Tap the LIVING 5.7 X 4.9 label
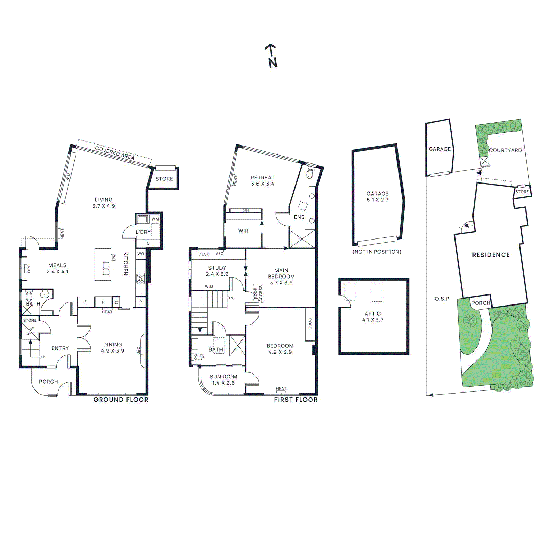pyautogui.click(x=104, y=203)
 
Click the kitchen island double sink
pyautogui.click(x=106, y=269)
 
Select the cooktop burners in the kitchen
pyautogui.click(x=140, y=278)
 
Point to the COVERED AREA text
pyautogui.click(x=114, y=153)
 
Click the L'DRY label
pyautogui.click(x=143, y=232)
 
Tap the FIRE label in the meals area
pyautogui.click(x=29, y=269)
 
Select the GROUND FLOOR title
pyautogui.click(x=121, y=400)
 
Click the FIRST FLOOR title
pyautogui.click(x=296, y=400)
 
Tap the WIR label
pyautogui.click(x=243, y=231)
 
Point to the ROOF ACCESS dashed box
pyautogui.click(x=258, y=293)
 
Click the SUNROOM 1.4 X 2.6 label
pyautogui.click(x=223, y=380)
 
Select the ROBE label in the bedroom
pyautogui.click(x=310, y=324)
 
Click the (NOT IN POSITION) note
pyautogui.click(x=377, y=252)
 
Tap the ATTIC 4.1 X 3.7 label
pyautogui.click(x=373, y=317)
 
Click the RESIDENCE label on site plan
pyautogui.click(x=491, y=255)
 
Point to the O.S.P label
pyautogui.click(x=442, y=299)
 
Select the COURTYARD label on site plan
pyautogui.click(x=505, y=150)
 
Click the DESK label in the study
pyautogui.click(x=204, y=254)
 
